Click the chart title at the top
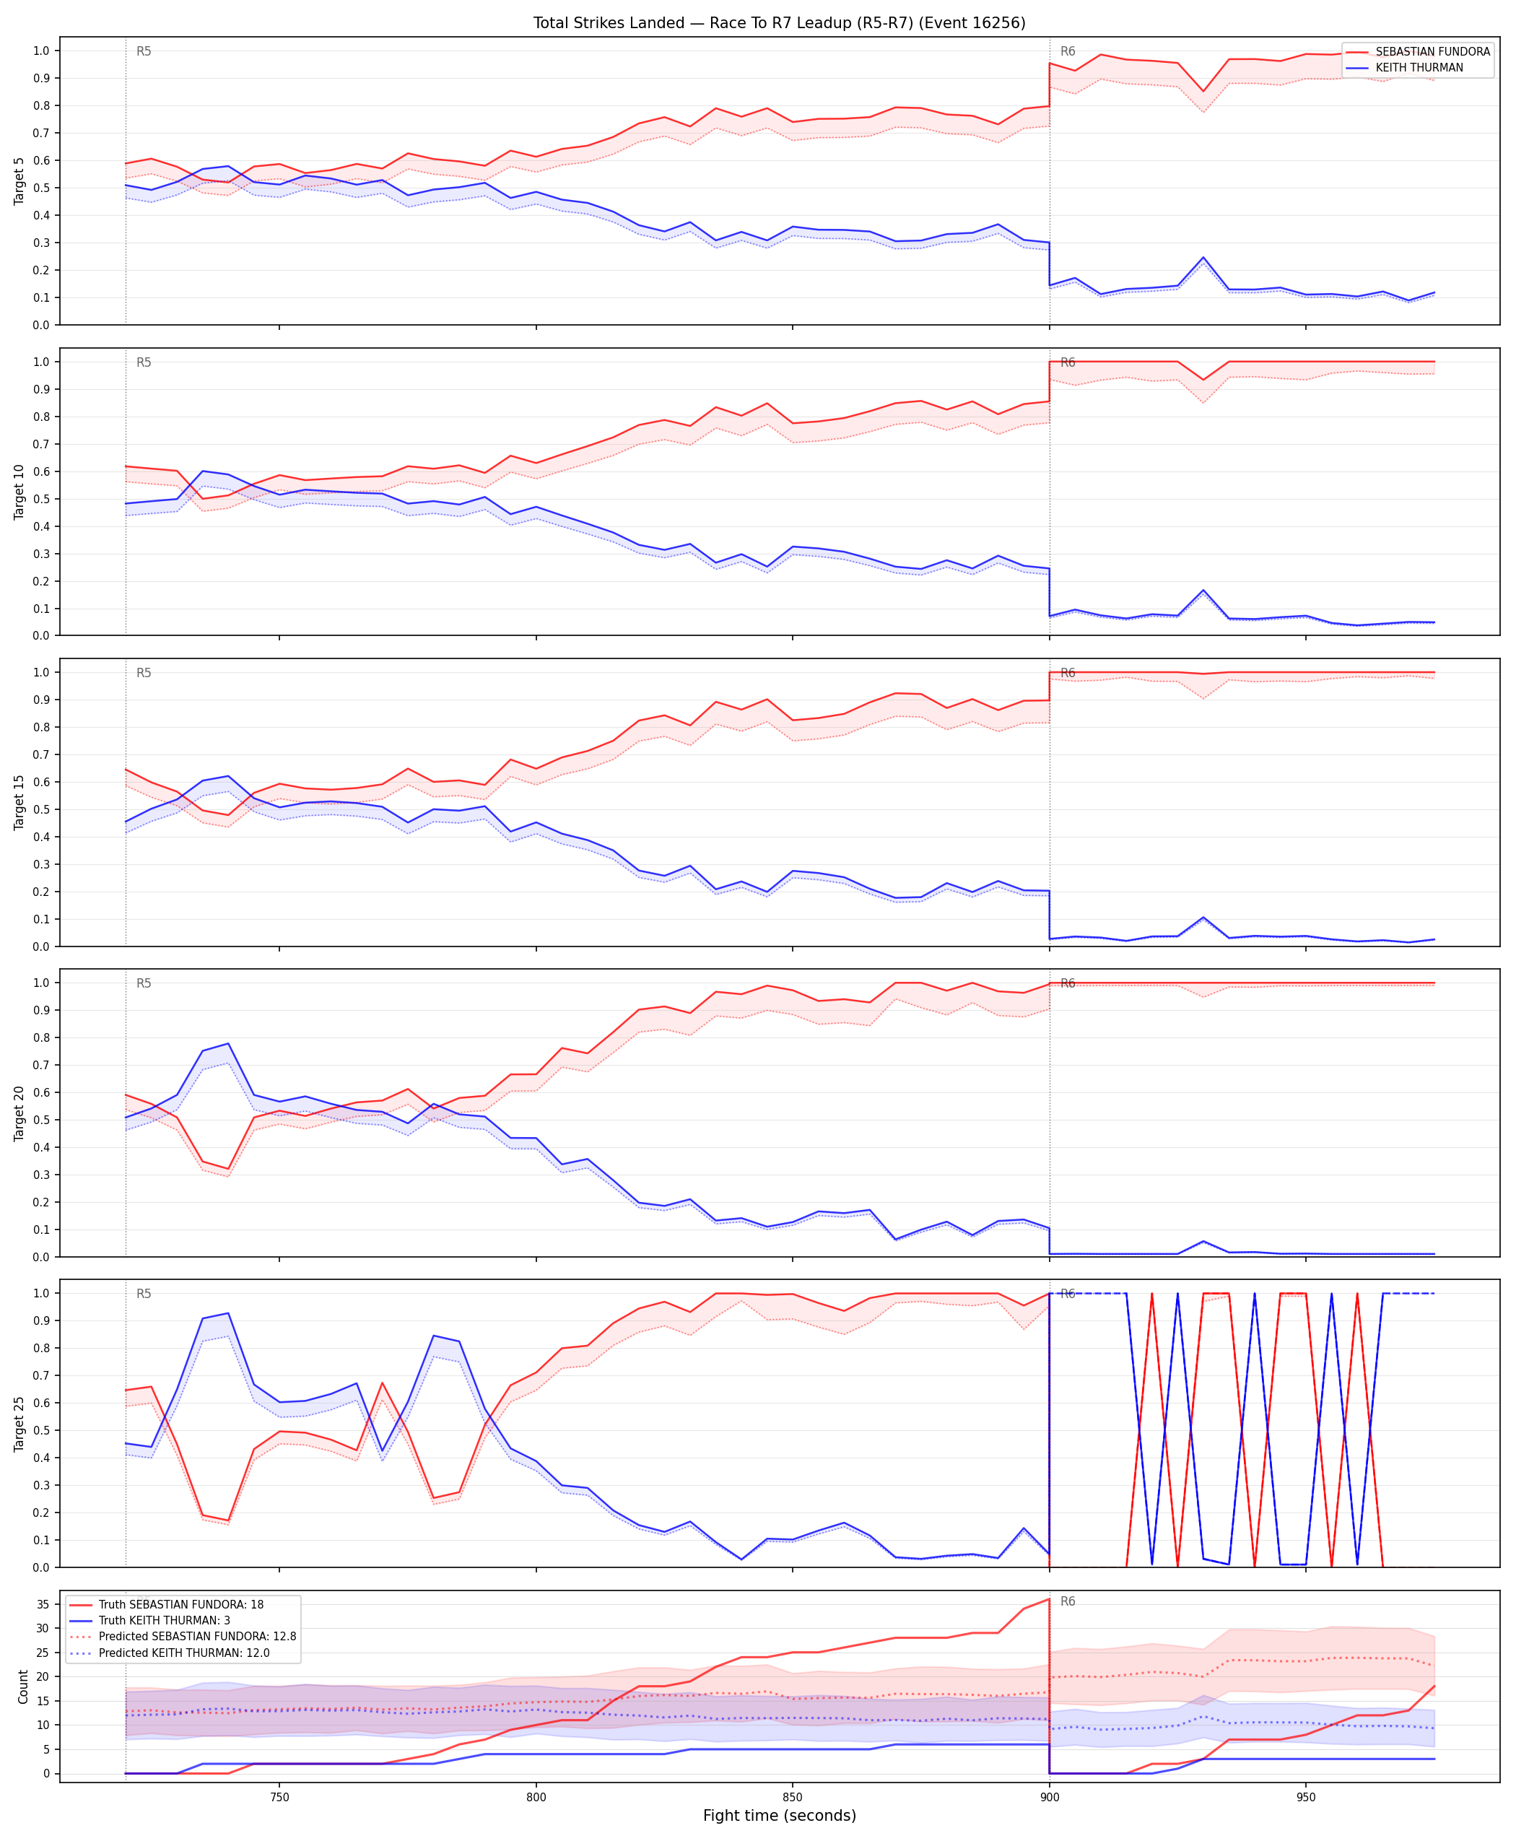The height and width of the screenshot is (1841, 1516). coord(779,22)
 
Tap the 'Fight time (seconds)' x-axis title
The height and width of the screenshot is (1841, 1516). coord(779,1815)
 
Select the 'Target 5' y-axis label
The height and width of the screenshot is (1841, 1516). coord(19,180)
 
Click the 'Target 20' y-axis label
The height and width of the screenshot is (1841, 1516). coord(19,1113)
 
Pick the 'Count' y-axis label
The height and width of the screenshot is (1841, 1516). coord(22,1687)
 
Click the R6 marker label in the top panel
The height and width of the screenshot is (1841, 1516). coord(1068,51)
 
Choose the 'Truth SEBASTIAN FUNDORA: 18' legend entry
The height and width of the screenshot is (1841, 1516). coord(180,1604)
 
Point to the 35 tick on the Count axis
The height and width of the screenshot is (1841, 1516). coord(42,1604)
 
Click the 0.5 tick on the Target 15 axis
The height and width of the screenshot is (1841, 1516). coord(41,809)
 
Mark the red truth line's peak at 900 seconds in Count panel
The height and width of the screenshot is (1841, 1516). coord(1049,1599)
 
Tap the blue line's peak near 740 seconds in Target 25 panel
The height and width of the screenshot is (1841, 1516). coord(229,1313)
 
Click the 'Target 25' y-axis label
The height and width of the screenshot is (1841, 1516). coord(19,1424)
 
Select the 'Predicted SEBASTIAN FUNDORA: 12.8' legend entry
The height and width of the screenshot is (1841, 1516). coord(197,1636)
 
